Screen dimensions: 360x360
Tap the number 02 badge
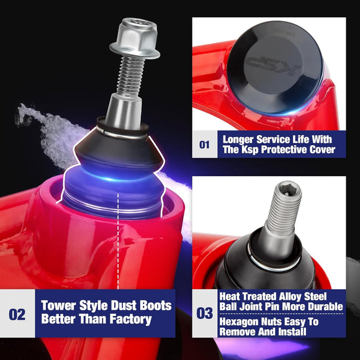(17, 314)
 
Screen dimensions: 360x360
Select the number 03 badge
(204, 313)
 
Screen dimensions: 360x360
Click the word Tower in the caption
(61, 306)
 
